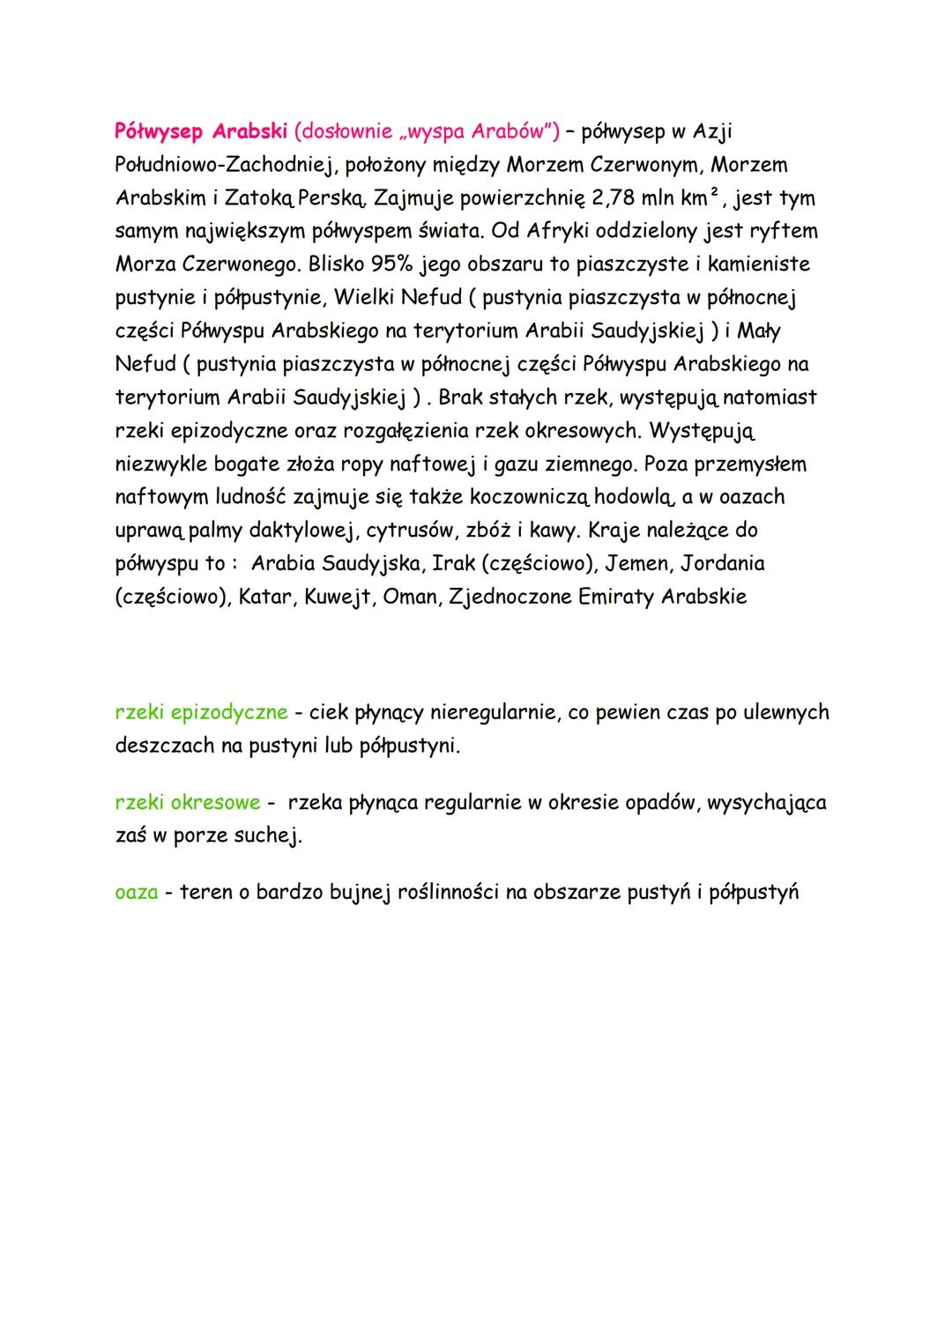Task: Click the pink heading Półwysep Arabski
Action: tap(202, 132)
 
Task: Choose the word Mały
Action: tap(758, 331)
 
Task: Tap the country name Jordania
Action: tap(723, 563)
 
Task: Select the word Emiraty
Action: tap(616, 597)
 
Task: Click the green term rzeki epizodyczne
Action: tap(201, 712)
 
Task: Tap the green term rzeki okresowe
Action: tap(188, 803)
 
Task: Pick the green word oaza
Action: tap(137, 893)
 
